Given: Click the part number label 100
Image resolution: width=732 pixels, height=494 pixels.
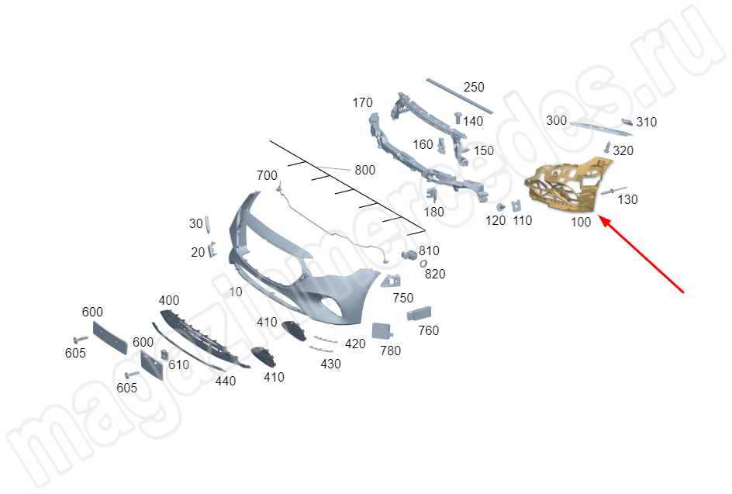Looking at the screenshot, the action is click(x=581, y=222).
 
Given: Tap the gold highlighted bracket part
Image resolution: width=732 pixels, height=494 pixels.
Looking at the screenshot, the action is click(x=567, y=185).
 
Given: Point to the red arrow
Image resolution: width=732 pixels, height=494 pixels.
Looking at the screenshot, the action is click(x=641, y=254).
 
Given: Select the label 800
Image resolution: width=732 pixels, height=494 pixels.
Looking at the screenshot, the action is click(x=364, y=170).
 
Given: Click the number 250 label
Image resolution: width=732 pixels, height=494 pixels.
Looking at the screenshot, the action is click(x=474, y=88).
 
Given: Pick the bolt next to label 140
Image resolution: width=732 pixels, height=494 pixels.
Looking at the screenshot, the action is click(x=458, y=118).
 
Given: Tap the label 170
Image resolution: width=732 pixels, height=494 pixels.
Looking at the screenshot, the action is click(x=362, y=102).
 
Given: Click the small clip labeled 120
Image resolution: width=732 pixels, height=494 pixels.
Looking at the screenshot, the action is click(x=500, y=207).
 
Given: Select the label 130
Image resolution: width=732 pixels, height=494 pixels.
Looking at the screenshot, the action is click(x=627, y=200).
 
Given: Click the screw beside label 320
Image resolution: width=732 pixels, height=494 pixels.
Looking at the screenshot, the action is click(x=607, y=147).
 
